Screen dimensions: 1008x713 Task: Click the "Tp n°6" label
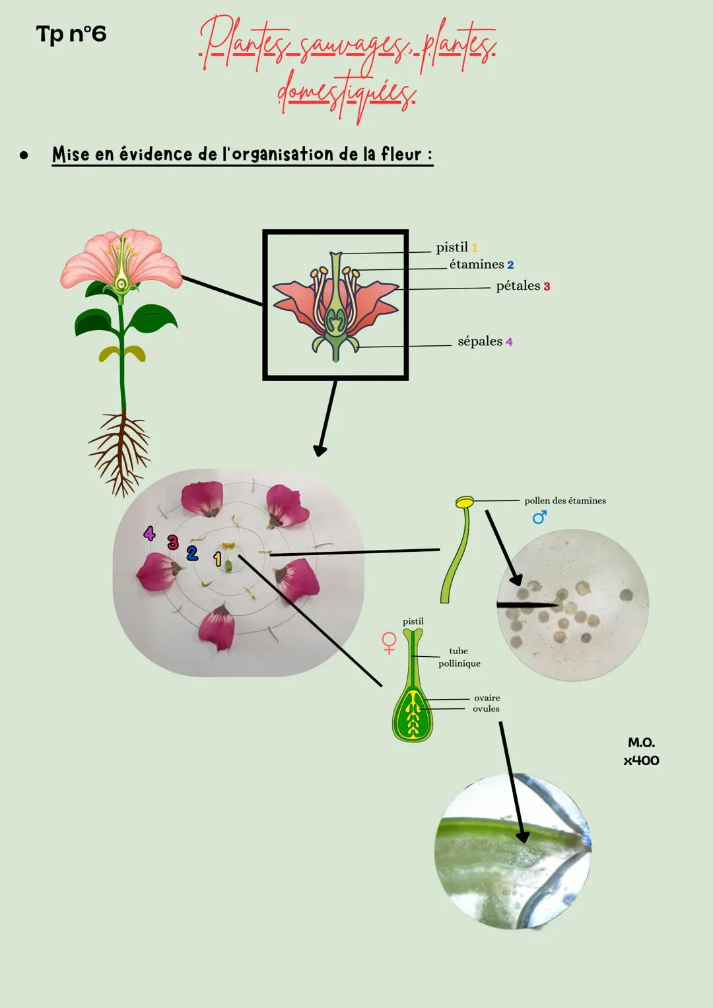coord(71,34)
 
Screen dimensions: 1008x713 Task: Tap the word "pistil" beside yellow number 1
coord(452,248)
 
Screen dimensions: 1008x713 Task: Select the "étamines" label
coord(477,265)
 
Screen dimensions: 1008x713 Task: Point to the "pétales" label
coord(518,286)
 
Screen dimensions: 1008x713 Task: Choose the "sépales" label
coord(480,341)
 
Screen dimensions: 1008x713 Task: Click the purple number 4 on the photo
coord(150,533)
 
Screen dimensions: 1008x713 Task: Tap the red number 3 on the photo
coord(173,543)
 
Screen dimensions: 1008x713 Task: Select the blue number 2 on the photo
coord(192,553)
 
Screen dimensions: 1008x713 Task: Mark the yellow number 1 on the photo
coord(217,560)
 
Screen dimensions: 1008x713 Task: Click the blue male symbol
coord(539,518)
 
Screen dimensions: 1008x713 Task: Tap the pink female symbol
coord(389,642)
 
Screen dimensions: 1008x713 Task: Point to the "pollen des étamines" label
coord(565,501)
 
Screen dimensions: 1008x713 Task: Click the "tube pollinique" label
coord(459,657)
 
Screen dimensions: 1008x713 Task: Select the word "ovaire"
coord(487,698)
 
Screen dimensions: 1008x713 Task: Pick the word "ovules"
coord(486,709)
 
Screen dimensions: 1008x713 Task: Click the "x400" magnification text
coord(641,760)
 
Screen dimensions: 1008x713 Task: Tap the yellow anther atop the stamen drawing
coord(464,502)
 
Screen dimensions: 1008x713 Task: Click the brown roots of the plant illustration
coord(119,449)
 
